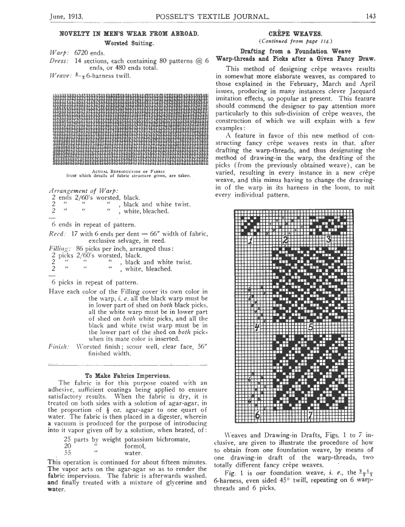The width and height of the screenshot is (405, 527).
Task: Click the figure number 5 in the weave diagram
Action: click(310, 327)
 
